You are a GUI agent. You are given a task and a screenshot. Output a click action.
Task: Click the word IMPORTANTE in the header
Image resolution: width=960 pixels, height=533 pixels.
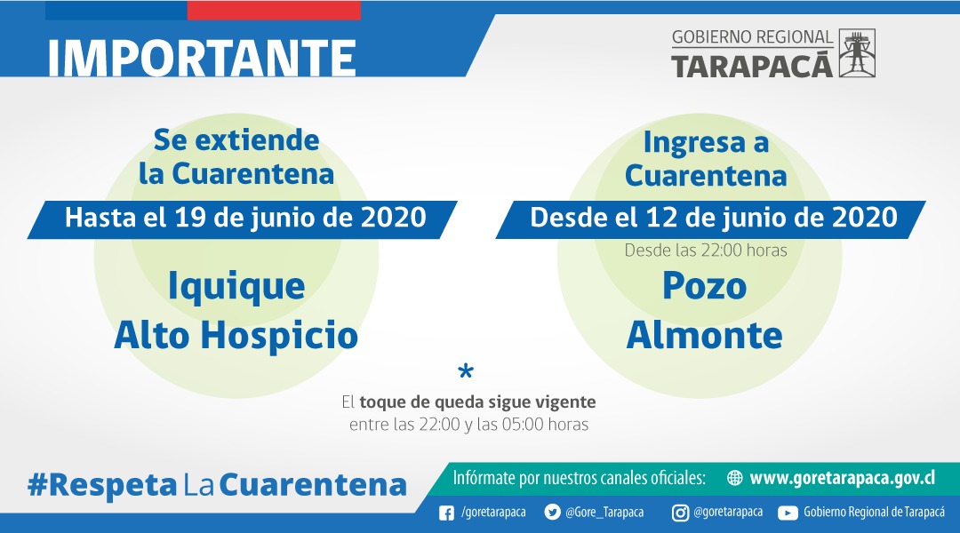coord(201,59)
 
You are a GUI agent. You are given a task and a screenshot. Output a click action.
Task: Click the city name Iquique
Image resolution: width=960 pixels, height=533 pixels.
coord(236,286)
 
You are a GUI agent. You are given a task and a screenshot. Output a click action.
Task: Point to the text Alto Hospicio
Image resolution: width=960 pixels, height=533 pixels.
coord(236,335)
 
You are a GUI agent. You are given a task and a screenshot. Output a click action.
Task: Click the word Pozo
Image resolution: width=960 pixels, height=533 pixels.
coord(704,286)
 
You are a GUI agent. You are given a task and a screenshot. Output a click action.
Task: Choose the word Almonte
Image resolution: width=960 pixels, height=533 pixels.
coord(705,335)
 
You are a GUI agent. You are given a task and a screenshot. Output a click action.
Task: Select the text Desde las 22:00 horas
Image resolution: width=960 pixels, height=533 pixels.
coord(706,251)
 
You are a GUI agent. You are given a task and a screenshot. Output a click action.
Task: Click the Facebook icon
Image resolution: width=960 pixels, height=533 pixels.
coord(447,513)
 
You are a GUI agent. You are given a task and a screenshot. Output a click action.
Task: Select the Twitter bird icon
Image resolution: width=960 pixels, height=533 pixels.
coord(551,513)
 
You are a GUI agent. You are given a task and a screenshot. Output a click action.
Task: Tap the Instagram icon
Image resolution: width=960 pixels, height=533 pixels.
coord(679,513)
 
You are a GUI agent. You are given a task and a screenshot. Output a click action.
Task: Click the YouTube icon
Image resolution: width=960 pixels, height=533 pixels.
coord(788,513)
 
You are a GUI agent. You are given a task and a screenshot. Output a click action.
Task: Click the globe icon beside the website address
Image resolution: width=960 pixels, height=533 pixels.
coord(734,478)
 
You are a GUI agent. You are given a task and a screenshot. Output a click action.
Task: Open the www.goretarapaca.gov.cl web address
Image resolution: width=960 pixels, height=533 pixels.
coord(842,478)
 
